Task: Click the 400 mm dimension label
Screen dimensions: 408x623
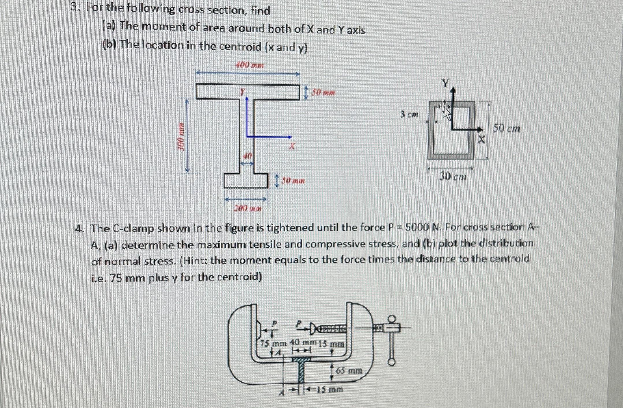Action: click(250, 65)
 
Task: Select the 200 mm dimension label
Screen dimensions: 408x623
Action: click(248, 208)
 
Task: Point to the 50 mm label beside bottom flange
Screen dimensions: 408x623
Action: click(293, 181)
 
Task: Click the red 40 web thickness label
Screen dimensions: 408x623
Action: click(248, 156)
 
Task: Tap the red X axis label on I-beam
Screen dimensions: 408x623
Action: click(292, 146)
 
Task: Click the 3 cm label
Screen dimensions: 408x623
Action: click(409, 115)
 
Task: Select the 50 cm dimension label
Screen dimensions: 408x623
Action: click(506, 128)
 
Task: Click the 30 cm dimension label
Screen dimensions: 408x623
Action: click(453, 176)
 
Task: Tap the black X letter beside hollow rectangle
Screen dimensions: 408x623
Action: click(481, 140)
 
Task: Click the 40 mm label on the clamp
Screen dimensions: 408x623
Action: click(303, 342)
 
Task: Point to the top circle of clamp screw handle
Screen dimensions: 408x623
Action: click(391, 319)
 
